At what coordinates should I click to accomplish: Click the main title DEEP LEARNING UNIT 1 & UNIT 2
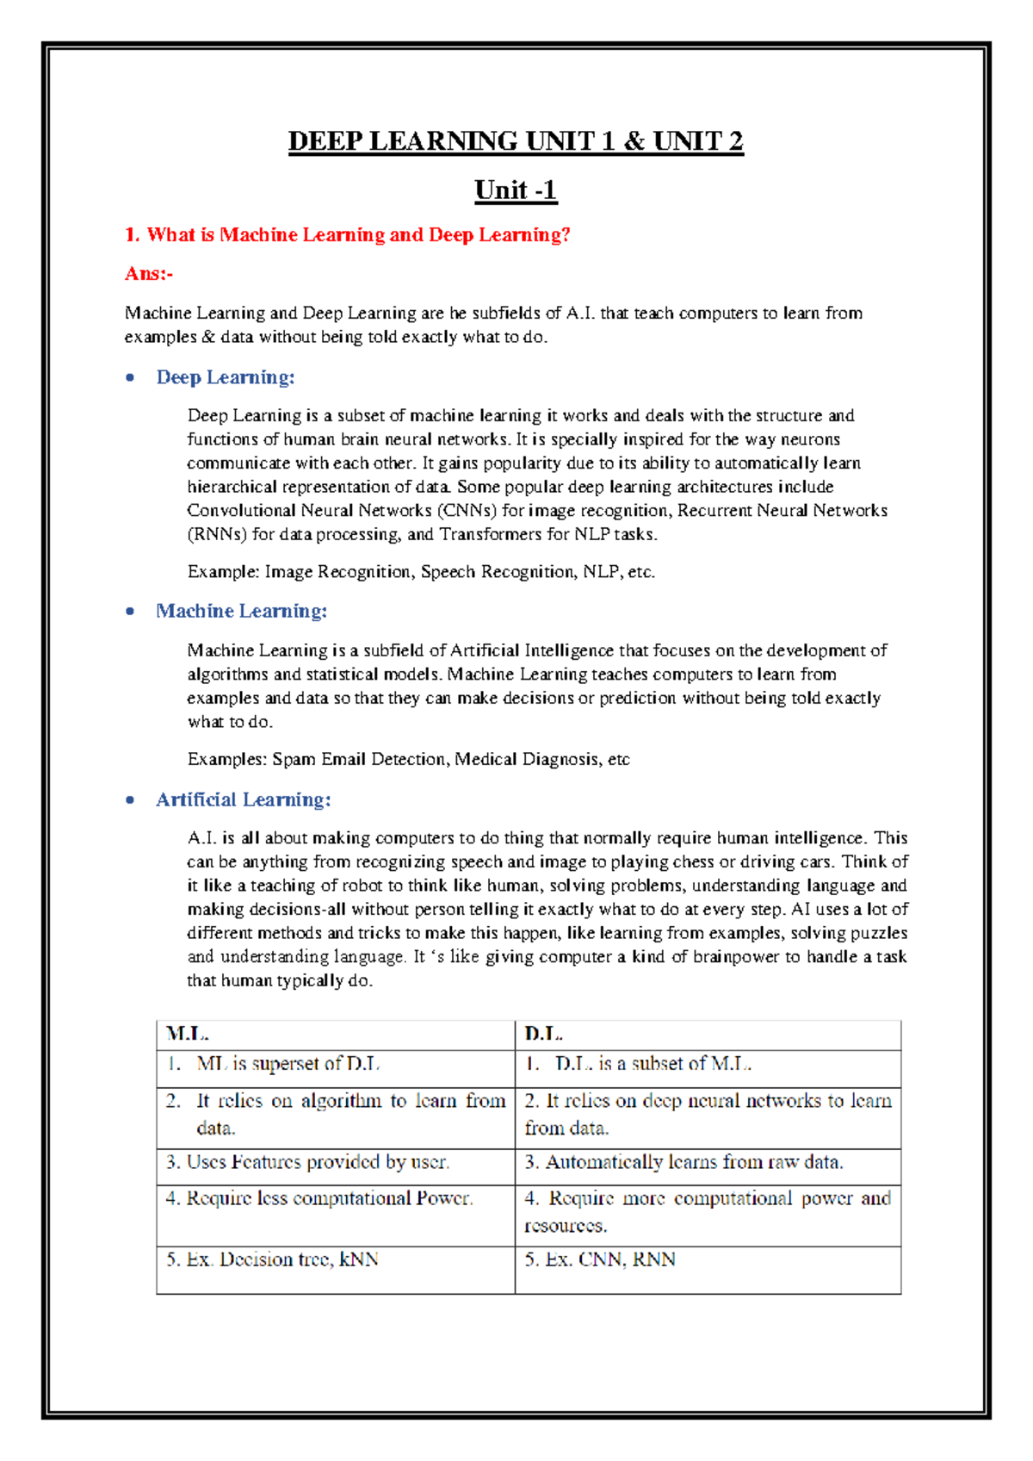point(516,140)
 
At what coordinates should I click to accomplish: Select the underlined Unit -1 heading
point(516,190)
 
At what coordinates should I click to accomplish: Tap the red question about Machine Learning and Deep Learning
point(348,235)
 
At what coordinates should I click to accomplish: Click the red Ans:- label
point(149,274)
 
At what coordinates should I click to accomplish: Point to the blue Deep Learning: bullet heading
point(226,377)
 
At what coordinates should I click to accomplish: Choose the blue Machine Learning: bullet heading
point(242,611)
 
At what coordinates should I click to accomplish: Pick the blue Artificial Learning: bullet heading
point(244,799)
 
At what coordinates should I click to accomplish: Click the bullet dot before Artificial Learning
point(130,800)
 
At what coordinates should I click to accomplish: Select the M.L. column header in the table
point(188,1034)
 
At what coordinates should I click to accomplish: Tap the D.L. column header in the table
point(544,1034)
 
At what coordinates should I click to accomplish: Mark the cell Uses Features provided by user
point(308,1162)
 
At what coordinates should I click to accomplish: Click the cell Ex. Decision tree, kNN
point(273,1259)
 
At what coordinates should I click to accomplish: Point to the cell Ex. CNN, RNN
point(600,1259)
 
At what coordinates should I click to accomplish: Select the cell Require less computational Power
point(319,1198)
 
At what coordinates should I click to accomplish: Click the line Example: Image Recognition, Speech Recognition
point(421,572)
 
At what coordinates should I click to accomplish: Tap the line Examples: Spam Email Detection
point(408,759)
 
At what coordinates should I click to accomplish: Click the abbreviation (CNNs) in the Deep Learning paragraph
point(467,511)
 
